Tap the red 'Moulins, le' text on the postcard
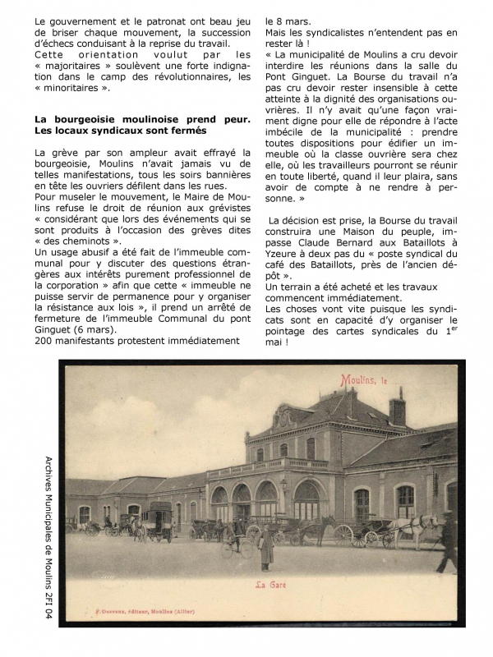click(x=364, y=379)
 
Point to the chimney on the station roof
click(x=397, y=408)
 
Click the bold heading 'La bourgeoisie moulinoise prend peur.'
click(x=142, y=120)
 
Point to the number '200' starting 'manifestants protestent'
click(x=45, y=340)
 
